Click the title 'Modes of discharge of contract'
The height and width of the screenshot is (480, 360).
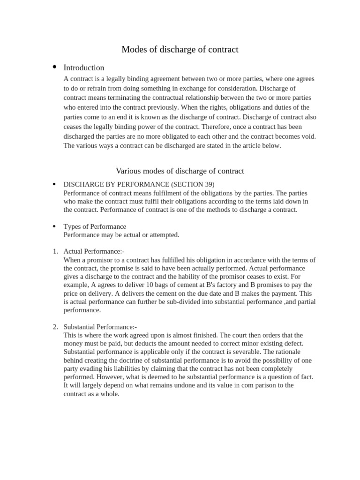click(x=180, y=49)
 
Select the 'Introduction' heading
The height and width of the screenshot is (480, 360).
click(x=83, y=67)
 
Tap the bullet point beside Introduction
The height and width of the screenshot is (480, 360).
click(x=55, y=67)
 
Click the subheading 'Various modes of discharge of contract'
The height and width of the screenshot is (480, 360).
click(x=180, y=171)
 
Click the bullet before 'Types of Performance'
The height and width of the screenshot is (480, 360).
click(x=55, y=226)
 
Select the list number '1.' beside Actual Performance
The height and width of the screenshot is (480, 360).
click(x=55, y=252)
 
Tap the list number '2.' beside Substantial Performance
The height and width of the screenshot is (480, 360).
click(x=55, y=327)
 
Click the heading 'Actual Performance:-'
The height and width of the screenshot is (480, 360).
click(x=94, y=252)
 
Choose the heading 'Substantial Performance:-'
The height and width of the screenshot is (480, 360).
click(x=100, y=327)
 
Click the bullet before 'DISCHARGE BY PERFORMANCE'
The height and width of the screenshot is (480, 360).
click(x=55, y=184)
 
